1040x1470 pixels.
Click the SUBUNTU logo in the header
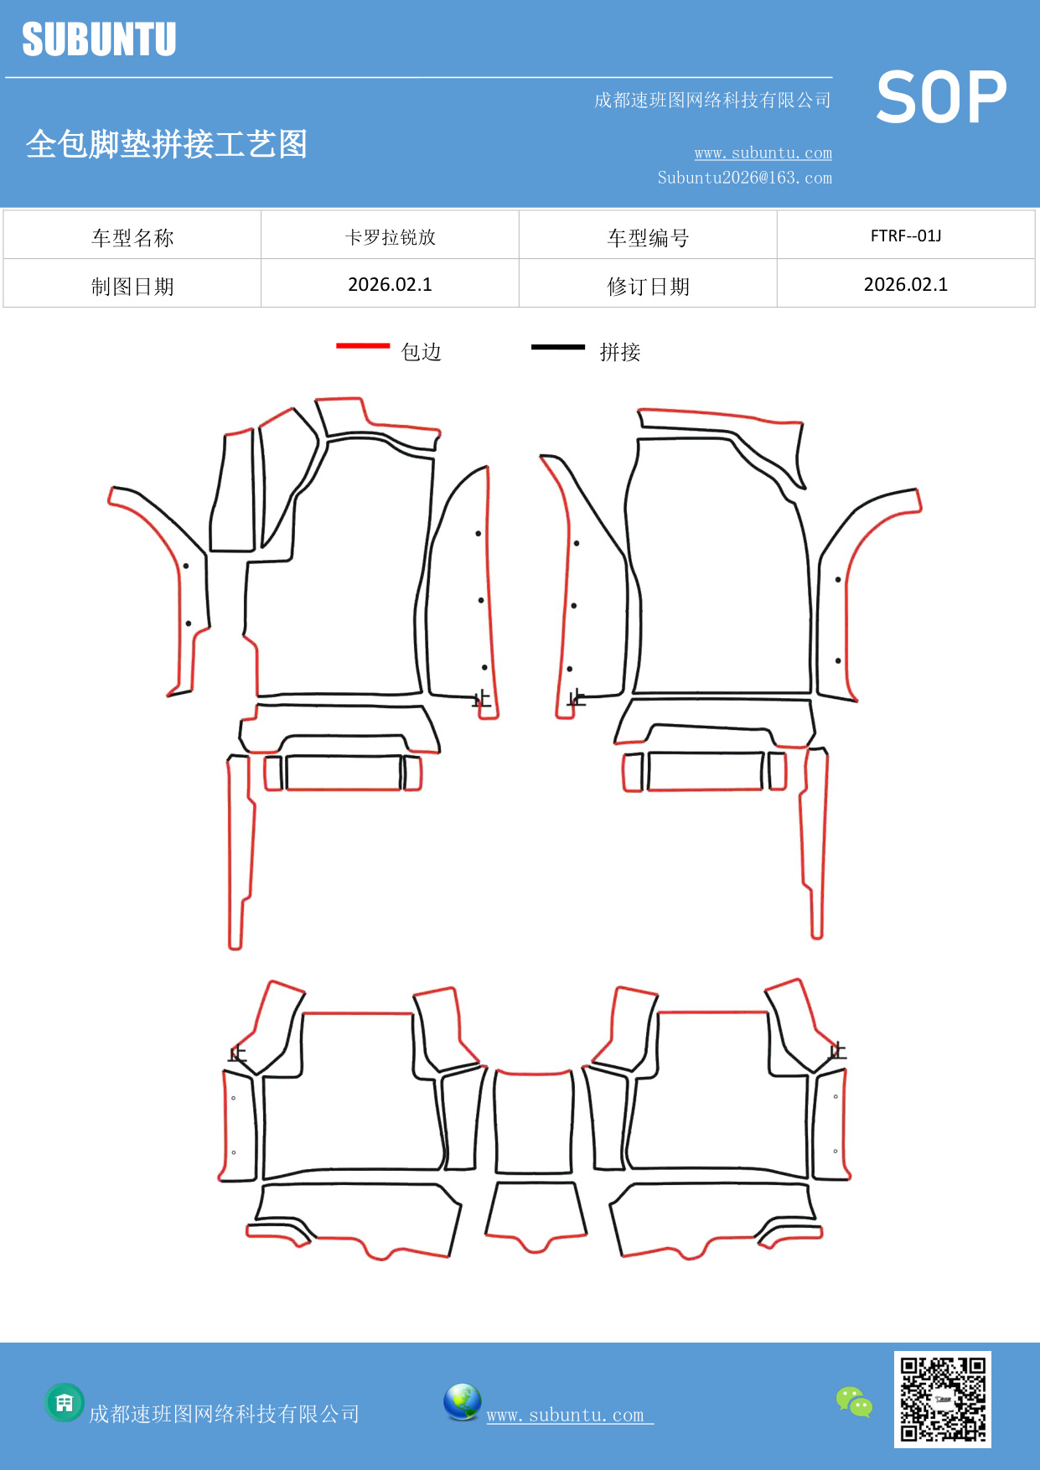click(99, 39)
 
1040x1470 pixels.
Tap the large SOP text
click(941, 98)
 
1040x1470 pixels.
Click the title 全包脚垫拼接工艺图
click(167, 144)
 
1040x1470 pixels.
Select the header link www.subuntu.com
click(763, 153)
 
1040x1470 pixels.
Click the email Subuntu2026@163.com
click(744, 178)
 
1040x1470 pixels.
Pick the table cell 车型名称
click(132, 238)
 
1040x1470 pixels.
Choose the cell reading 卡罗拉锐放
click(391, 237)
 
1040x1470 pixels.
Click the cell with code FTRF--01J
click(906, 236)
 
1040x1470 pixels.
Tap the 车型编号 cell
click(648, 238)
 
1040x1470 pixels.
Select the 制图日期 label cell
click(132, 287)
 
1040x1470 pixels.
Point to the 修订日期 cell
click(648, 287)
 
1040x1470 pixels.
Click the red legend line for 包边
click(363, 345)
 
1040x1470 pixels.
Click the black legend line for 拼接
click(558, 346)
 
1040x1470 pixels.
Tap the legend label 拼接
click(620, 352)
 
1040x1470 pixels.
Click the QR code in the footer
click(943, 1400)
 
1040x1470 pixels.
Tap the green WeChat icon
click(854, 1402)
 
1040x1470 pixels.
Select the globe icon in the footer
click(463, 1402)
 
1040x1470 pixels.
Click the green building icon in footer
click(65, 1402)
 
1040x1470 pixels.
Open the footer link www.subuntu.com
click(570, 1415)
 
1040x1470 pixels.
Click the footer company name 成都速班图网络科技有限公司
click(225, 1415)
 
